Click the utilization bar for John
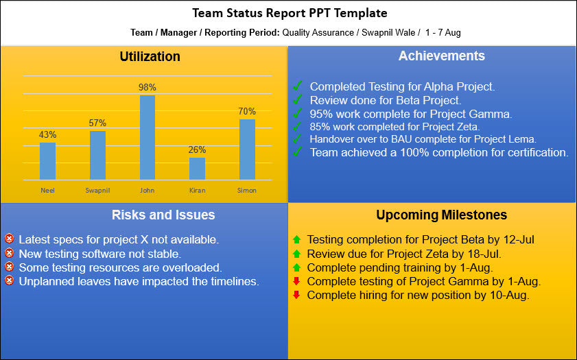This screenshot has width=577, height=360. pyautogui.click(x=148, y=137)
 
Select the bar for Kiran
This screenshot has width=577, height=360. pyautogui.click(x=197, y=169)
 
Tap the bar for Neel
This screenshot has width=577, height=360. pyautogui.click(x=48, y=161)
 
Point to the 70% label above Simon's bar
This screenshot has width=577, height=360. pyautogui.click(x=247, y=111)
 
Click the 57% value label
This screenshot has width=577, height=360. pyautogui.click(x=97, y=123)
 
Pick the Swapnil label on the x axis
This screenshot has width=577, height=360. pyautogui.click(x=97, y=190)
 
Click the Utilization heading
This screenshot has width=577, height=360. pyautogui.click(x=150, y=56)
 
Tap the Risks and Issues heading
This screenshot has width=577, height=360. pyautogui.click(x=163, y=215)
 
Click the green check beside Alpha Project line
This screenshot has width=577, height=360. pyautogui.click(x=297, y=86)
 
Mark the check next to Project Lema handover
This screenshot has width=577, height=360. pyautogui.click(x=297, y=139)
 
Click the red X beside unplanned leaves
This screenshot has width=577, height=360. pyautogui.click(x=9, y=280)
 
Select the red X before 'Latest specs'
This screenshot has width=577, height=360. pyautogui.click(x=9, y=239)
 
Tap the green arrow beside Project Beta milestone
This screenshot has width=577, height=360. pyautogui.click(x=296, y=239)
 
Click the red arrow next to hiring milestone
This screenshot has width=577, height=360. pyautogui.click(x=296, y=295)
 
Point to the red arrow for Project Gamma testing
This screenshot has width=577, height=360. pyautogui.click(x=296, y=281)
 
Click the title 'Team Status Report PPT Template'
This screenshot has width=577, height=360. pyautogui.click(x=289, y=13)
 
